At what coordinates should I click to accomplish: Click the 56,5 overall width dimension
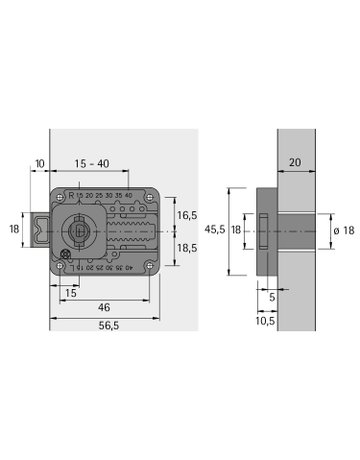104,325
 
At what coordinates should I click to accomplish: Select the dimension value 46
104,308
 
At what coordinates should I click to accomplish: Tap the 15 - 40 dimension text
98,163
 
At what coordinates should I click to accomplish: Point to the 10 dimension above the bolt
39,163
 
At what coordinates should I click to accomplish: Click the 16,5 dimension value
188,214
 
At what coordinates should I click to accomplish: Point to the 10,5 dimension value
267,321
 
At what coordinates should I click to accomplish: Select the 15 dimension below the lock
70,292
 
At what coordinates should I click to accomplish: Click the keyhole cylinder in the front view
80,229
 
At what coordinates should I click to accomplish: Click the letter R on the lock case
68,194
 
